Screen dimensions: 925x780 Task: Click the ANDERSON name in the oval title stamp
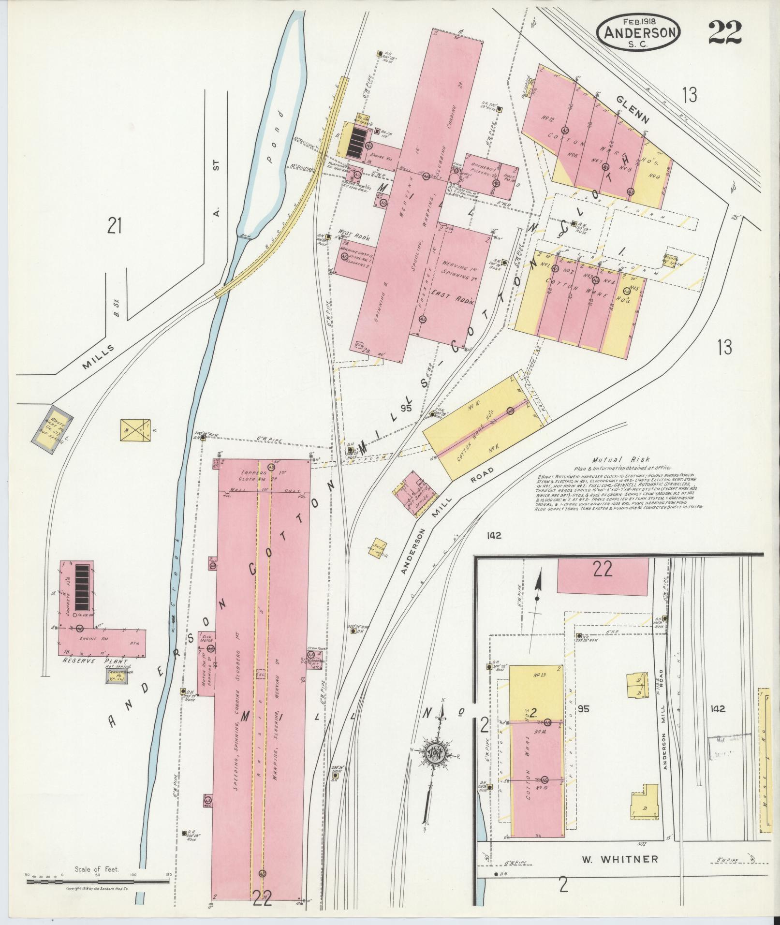638,32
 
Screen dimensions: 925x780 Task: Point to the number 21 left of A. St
114,226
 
